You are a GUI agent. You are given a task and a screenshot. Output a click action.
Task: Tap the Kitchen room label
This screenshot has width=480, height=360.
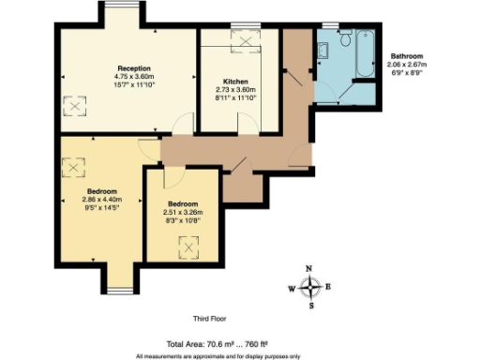(x=235, y=81)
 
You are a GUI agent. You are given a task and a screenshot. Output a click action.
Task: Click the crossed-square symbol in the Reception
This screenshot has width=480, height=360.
(x=72, y=107)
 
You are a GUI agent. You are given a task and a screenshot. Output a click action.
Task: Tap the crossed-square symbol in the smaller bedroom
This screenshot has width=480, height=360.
(x=189, y=247)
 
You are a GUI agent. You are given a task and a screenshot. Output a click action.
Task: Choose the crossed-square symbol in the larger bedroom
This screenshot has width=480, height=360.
(x=72, y=167)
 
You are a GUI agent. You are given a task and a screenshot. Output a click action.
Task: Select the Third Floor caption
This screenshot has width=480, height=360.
(x=212, y=319)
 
